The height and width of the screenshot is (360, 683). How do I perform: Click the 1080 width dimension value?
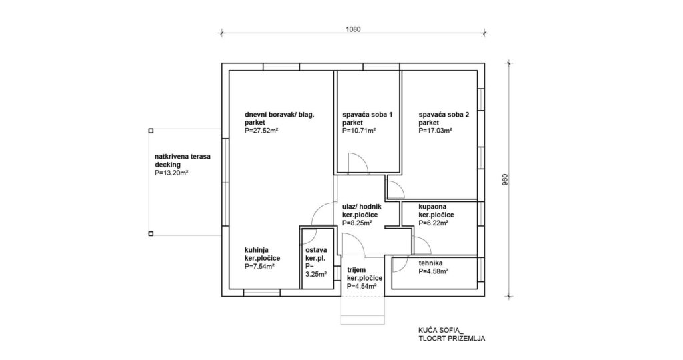click(x=353, y=29)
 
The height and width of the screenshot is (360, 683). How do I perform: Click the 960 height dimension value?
click(x=506, y=180)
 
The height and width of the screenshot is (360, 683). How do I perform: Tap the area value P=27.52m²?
click(x=261, y=131)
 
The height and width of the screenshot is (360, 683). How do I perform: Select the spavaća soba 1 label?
click(x=368, y=115)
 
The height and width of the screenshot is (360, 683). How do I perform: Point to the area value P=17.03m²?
click(x=435, y=131)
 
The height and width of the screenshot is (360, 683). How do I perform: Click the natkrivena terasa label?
click(x=183, y=156)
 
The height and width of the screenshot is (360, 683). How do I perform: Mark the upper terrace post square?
click(x=151, y=130)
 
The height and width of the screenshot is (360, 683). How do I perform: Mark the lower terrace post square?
click(x=151, y=234)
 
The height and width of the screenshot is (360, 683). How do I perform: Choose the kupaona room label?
click(x=432, y=207)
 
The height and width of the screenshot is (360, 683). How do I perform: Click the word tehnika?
click(x=430, y=263)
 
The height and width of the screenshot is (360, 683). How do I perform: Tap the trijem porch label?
click(x=356, y=270)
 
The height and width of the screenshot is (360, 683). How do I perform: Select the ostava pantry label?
click(x=316, y=250)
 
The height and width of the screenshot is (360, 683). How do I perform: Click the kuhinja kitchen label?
click(x=256, y=250)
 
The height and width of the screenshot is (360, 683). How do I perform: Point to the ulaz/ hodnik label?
click(x=362, y=207)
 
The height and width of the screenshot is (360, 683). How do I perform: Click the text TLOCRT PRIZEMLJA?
click(x=452, y=339)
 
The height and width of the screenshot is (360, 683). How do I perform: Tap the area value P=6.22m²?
click(x=434, y=223)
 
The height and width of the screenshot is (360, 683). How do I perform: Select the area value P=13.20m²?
click(x=171, y=173)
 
